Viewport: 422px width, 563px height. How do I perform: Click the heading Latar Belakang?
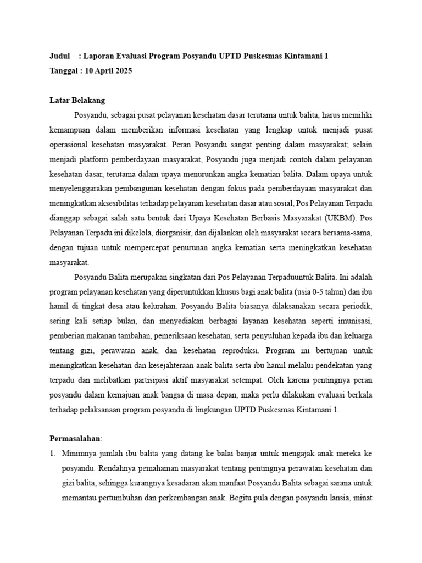(x=77, y=101)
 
